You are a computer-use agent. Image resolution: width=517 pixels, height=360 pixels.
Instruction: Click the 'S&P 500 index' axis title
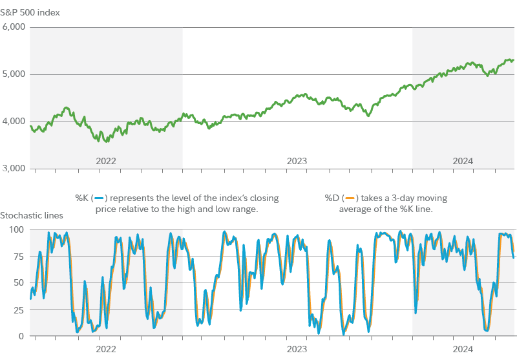click(30, 12)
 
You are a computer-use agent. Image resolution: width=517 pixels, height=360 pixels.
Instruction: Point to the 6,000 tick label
click(14, 27)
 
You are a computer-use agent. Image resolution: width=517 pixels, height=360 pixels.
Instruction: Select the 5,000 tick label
click(14, 74)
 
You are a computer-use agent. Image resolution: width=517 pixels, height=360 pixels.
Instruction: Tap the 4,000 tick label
click(14, 122)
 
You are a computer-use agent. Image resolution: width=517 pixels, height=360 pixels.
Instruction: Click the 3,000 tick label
click(14, 169)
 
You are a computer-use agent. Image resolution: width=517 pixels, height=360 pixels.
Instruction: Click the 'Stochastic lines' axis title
click(32, 215)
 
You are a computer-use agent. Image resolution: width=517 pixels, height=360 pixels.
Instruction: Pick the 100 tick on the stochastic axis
click(16, 229)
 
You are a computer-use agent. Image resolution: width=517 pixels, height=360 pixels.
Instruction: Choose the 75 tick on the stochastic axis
click(18, 256)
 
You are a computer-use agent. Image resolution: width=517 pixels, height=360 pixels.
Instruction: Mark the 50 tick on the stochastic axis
click(18, 282)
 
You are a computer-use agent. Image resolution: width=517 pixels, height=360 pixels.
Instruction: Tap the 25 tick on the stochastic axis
click(18, 310)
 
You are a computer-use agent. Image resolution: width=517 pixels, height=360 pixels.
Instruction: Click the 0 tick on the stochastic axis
click(21, 336)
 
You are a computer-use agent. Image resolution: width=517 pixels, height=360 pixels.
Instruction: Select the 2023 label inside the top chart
click(297, 160)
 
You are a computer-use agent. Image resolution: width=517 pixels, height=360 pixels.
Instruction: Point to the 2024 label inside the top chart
click(463, 160)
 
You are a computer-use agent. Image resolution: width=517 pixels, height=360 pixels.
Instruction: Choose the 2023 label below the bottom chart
click(297, 349)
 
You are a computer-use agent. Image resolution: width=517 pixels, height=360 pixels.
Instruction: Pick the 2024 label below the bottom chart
click(463, 349)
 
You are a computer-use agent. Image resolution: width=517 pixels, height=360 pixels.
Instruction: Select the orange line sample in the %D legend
click(350, 198)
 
